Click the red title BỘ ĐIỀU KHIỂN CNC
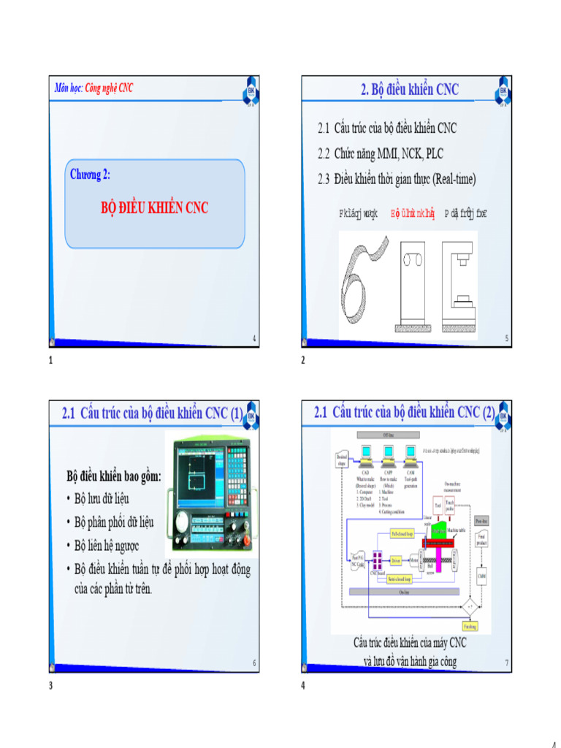click(x=154, y=208)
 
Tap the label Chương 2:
click(x=91, y=175)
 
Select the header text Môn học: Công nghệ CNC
click(x=94, y=88)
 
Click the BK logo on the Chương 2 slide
click(x=250, y=90)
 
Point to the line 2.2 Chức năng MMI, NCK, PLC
click(x=380, y=153)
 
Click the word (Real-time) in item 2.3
click(x=454, y=178)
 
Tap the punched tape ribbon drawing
click(x=363, y=278)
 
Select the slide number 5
click(x=506, y=338)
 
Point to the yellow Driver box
click(x=396, y=560)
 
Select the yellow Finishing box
click(x=471, y=626)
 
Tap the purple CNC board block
click(x=378, y=561)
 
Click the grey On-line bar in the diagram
click(x=404, y=592)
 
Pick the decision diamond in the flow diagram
click(x=471, y=606)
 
